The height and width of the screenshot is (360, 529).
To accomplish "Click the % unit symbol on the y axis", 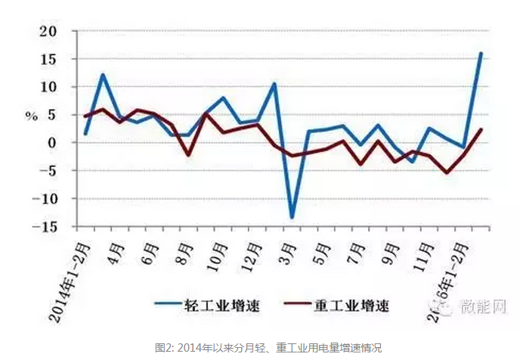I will click(x=31, y=116).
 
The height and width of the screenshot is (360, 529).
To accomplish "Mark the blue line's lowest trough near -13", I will click(x=292, y=218).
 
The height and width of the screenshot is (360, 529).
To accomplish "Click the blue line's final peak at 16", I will click(x=481, y=53).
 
